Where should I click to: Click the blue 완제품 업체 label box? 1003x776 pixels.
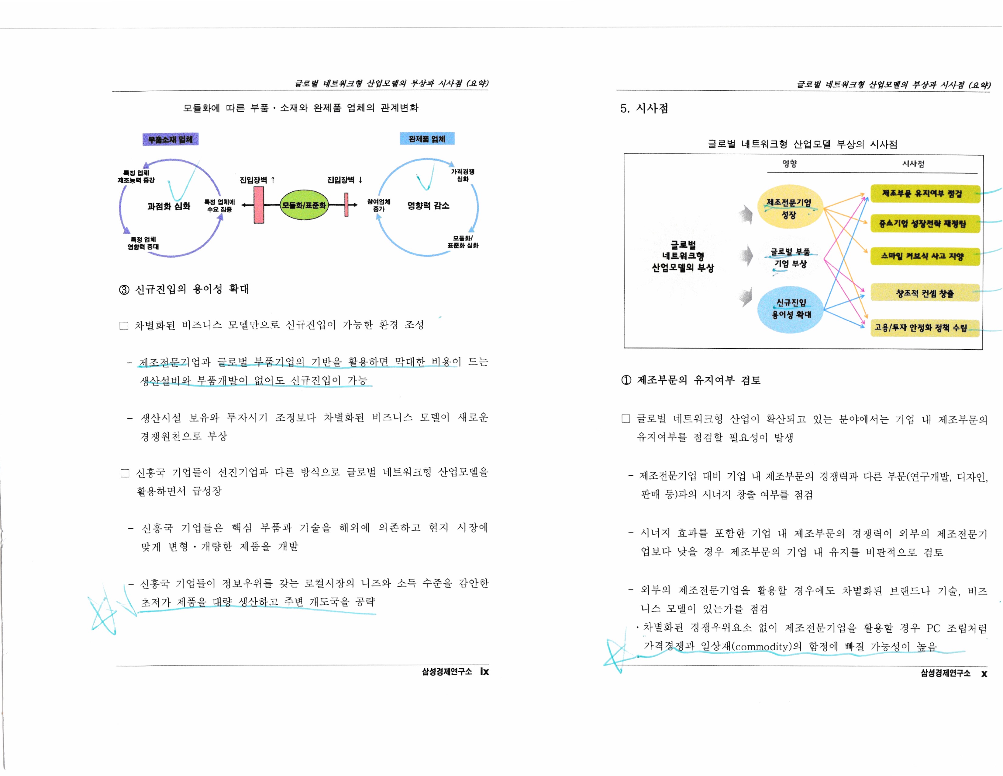(427, 139)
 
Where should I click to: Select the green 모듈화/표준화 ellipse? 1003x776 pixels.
(304, 205)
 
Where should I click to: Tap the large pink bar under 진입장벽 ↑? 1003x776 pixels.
(259, 205)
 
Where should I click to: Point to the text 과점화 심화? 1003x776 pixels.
(169, 206)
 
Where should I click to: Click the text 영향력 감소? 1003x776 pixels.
(428, 205)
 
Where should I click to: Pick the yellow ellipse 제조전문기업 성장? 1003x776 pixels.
(789, 208)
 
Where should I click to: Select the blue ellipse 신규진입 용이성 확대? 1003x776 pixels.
(790, 309)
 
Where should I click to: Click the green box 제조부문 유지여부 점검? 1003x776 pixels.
(925, 194)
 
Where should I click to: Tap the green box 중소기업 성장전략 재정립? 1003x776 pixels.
(925, 224)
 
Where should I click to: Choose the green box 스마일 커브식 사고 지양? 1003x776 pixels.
(925, 256)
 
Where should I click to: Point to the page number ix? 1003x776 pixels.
(484, 672)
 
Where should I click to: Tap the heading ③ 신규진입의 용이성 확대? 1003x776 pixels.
(184, 289)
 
